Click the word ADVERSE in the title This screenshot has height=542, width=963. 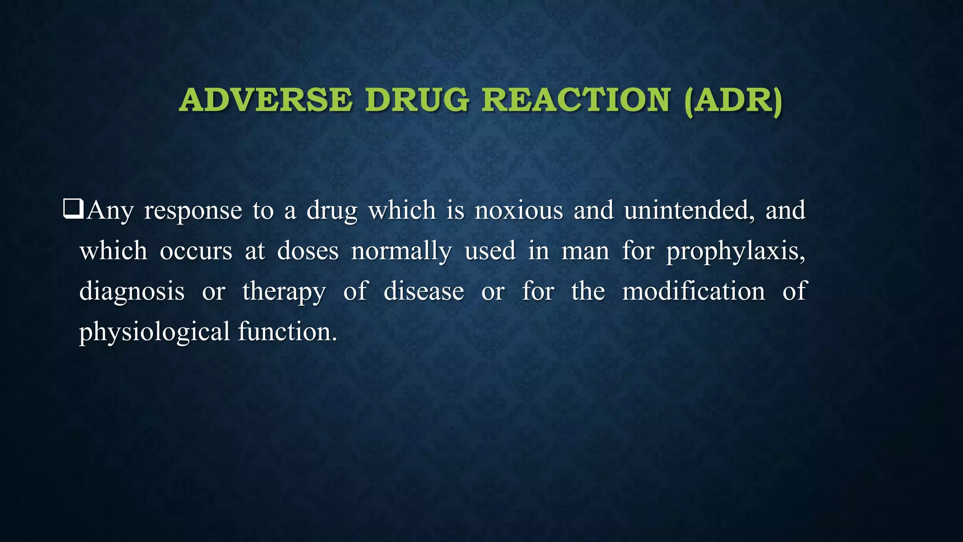pos(265,100)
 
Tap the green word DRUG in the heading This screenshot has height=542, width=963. pos(417,100)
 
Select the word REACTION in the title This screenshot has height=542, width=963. pos(576,100)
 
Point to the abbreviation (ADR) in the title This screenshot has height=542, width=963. pos(734,100)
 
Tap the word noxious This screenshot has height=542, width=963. pos(519,210)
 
